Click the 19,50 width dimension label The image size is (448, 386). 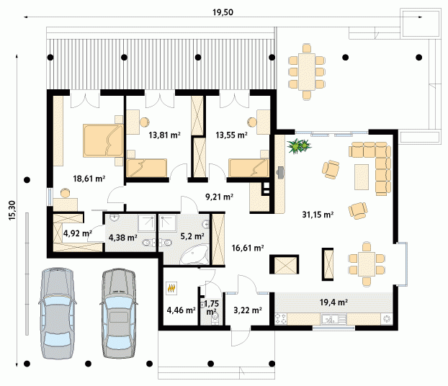click(223, 12)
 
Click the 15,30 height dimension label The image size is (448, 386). click(12, 210)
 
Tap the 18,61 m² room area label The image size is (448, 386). click(89, 179)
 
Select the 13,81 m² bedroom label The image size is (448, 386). click(164, 135)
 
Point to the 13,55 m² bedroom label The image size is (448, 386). click(231, 135)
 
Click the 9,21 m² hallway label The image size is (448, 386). click(219, 197)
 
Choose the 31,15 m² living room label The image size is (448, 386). click(318, 215)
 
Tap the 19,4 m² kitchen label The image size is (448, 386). click(333, 302)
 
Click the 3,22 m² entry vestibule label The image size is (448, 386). click(248, 310)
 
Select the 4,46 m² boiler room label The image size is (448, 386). click(181, 310)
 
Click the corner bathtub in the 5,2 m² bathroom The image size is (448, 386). click(194, 254)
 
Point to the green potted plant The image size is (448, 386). click(299, 146)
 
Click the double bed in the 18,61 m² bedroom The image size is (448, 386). click(103, 140)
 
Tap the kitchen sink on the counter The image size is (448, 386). click(333, 319)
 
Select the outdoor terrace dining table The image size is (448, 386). click(307, 72)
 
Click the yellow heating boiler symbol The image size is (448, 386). click(171, 288)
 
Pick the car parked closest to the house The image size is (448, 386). click(117, 313)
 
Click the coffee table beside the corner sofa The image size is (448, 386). click(362, 177)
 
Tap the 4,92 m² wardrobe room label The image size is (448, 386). click(78, 233)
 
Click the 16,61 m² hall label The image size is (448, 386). click(248, 248)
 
